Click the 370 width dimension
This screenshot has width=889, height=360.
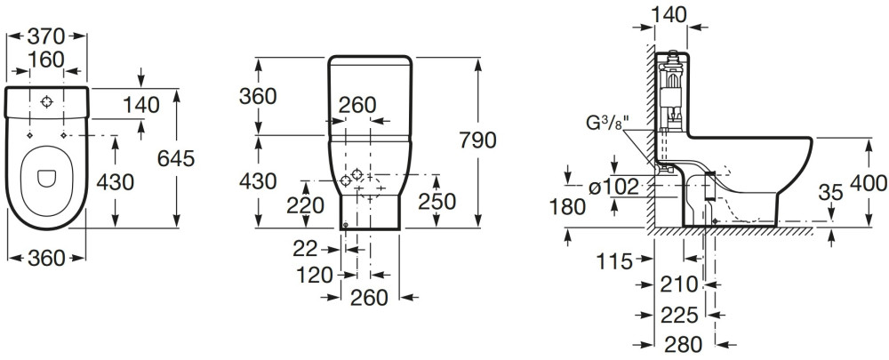47,36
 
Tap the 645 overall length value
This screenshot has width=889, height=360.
175,158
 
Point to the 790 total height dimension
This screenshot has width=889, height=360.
477,140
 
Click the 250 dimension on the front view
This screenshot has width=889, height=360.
437,202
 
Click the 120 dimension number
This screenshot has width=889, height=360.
315,274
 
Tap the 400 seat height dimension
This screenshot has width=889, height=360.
868,184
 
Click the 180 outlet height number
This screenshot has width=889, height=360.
567,207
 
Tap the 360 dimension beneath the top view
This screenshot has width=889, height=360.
46,258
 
